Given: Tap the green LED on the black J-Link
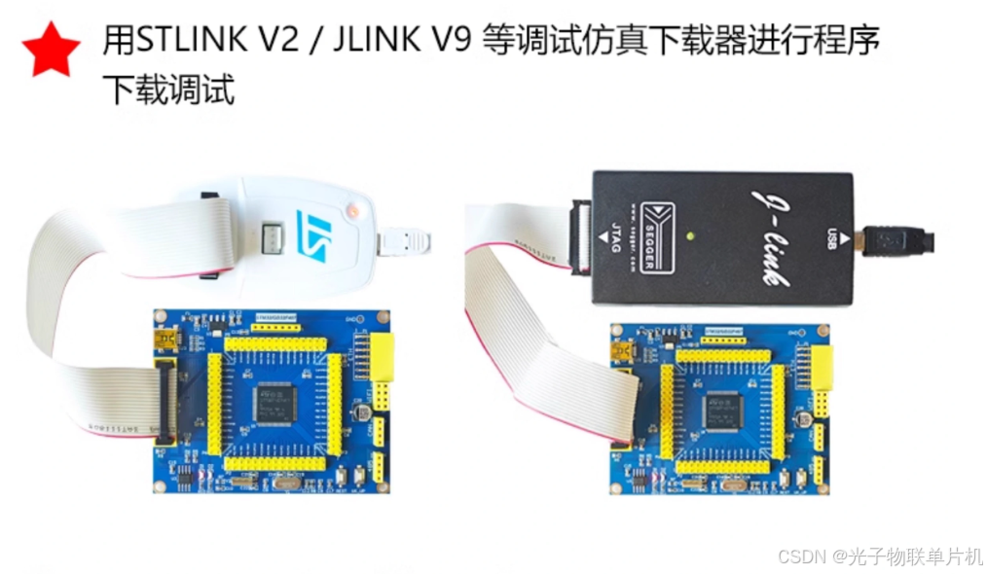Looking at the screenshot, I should pos(689,235).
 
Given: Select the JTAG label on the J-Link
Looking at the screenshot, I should pos(612,237).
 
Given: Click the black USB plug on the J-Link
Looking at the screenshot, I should pos(896,240).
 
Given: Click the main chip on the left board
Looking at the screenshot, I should pos(275,403).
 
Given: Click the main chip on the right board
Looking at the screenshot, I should pos(720,411).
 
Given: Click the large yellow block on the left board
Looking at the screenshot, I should pos(384,357).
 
